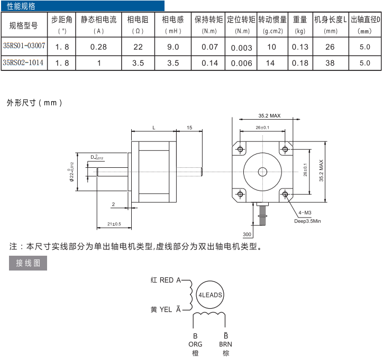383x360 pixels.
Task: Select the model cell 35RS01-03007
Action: point(24,47)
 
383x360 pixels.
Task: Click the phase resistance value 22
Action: point(138,47)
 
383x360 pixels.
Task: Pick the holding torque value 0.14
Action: point(209,64)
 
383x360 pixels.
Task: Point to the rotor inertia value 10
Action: point(271,47)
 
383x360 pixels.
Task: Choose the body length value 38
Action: point(330,64)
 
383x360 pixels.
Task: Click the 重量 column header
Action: point(300,20)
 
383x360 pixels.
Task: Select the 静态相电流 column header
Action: point(98,20)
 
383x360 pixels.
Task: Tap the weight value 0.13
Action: point(300,47)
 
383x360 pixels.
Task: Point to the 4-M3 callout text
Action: point(305,213)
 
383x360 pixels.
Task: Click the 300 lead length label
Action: point(247,234)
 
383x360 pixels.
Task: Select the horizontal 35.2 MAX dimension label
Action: point(269,115)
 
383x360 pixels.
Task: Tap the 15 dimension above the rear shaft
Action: point(189,128)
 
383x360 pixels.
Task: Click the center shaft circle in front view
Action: point(263,171)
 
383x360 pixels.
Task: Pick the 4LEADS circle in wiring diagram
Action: point(210,295)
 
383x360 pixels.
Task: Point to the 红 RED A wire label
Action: point(166,280)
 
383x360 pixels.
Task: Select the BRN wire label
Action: point(226,344)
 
